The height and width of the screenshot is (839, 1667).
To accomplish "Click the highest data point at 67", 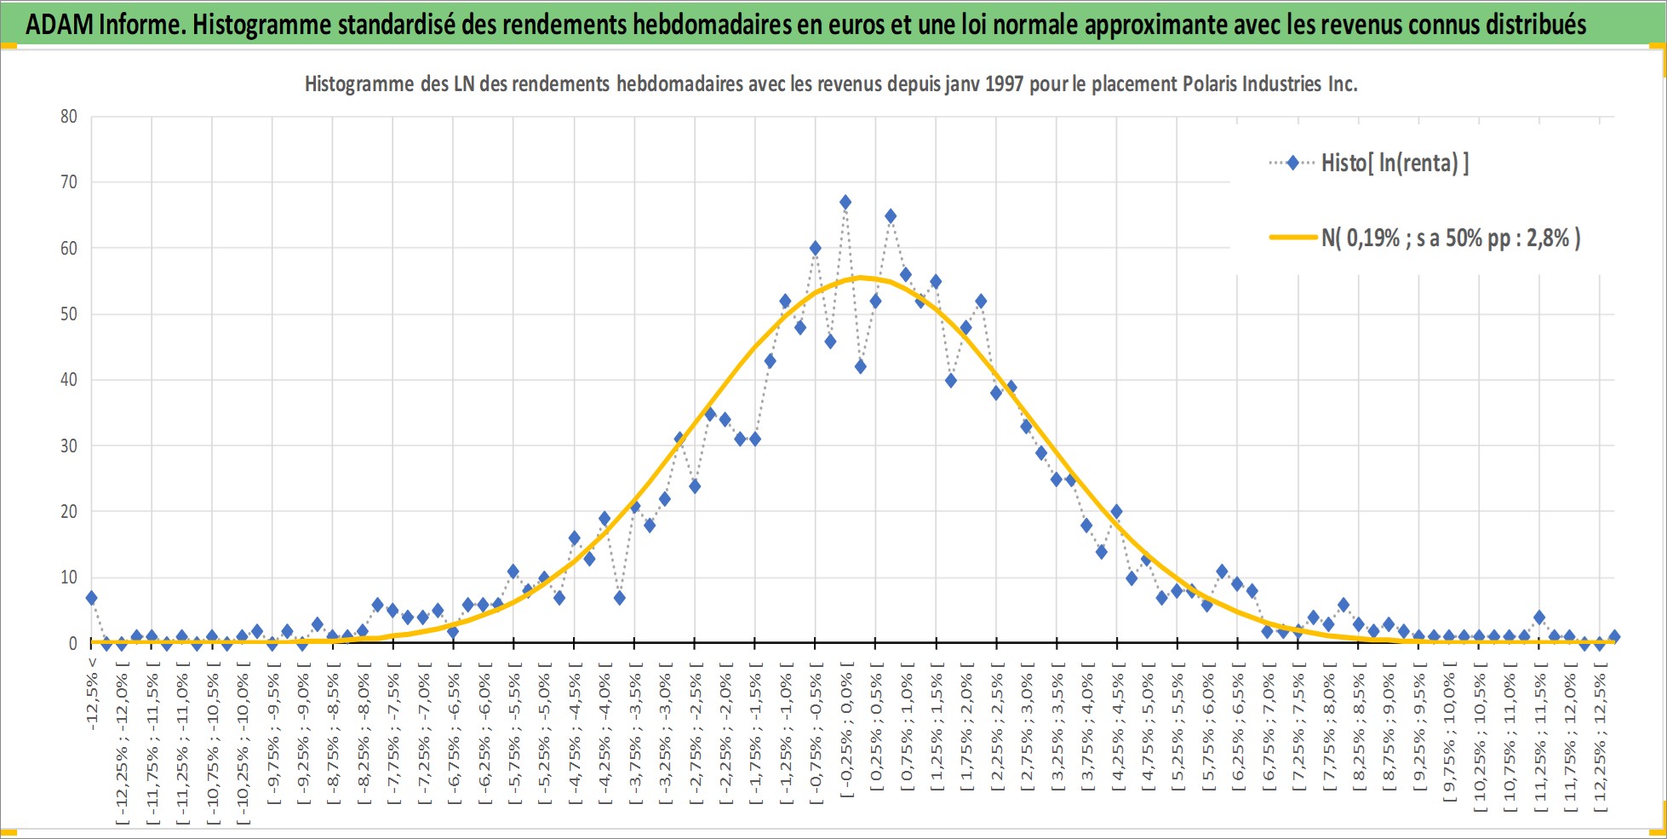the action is [x=845, y=203].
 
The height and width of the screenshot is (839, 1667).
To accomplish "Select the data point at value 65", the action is [x=891, y=216].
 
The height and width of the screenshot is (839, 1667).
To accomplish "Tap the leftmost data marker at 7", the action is [x=91, y=598].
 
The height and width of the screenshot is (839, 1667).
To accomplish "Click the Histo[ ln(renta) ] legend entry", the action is [x=1369, y=163].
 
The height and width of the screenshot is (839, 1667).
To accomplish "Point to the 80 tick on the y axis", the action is [x=69, y=117].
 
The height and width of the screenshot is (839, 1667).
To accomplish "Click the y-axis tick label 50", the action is [x=69, y=314].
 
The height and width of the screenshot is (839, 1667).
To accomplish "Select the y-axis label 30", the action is [x=69, y=445].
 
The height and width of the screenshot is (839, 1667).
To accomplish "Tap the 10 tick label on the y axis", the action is [x=69, y=578].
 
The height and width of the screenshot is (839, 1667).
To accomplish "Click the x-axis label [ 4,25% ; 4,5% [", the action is [x=1118, y=732].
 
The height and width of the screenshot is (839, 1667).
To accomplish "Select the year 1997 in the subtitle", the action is [x=1004, y=83].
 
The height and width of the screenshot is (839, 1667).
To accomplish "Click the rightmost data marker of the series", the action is [x=1614, y=637].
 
